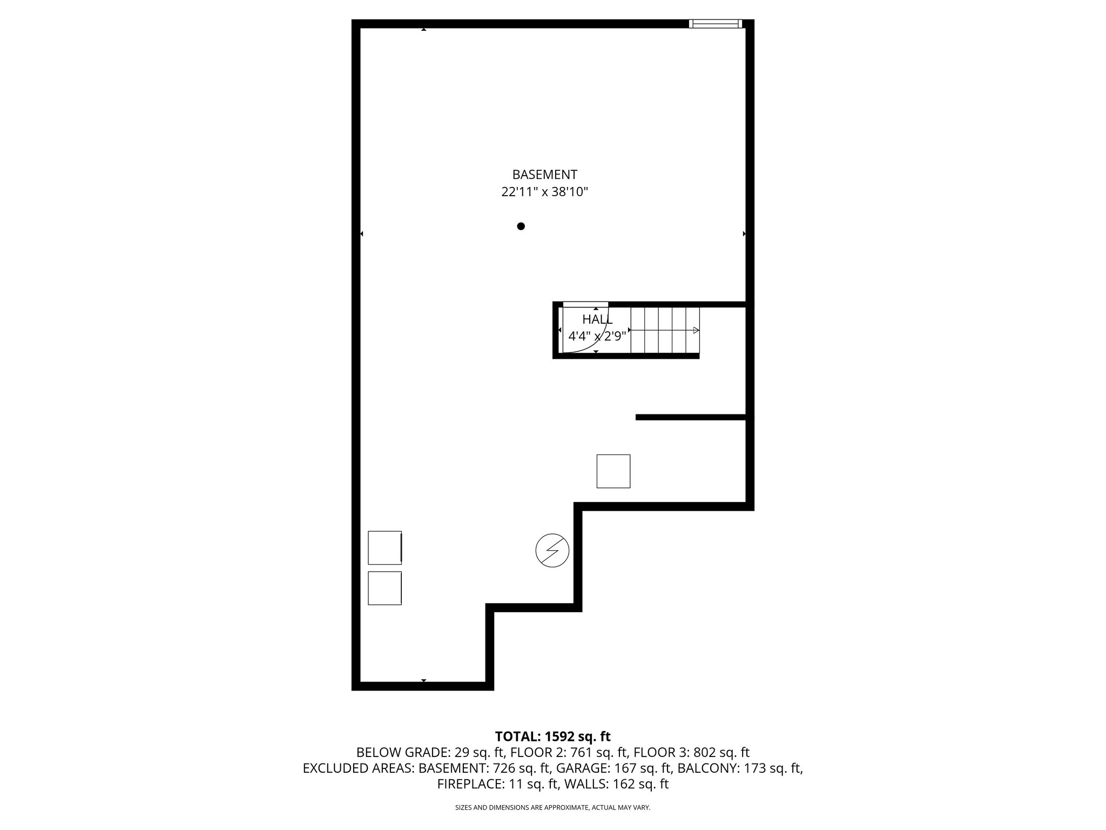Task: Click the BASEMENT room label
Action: point(544,175)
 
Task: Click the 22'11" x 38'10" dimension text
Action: point(544,192)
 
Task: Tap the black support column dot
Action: point(521,226)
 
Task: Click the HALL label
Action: point(597,319)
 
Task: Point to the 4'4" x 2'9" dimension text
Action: point(597,336)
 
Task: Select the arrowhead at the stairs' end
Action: point(696,330)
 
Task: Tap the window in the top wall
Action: point(715,24)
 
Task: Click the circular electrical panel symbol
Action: point(552,551)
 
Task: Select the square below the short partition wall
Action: point(613,471)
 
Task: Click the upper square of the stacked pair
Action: point(385,547)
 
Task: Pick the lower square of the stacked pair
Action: point(385,588)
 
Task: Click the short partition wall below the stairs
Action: point(691,417)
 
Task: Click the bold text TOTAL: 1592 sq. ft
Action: point(552,737)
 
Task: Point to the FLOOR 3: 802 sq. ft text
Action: point(691,752)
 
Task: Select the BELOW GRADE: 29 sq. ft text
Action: point(430,752)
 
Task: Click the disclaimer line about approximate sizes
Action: point(552,807)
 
